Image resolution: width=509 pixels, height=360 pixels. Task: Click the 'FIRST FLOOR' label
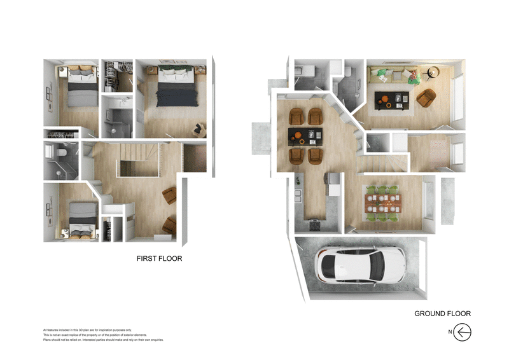click(x=160, y=259)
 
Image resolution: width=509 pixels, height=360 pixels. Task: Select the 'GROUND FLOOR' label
click(x=442, y=314)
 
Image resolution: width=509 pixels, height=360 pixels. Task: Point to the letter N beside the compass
click(x=450, y=332)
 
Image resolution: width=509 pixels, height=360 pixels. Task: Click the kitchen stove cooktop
click(x=314, y=225)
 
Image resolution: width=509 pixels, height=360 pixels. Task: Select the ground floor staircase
click(x=380, y=165)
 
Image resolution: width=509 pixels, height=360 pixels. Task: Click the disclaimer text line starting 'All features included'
click(x=87, y=330)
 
